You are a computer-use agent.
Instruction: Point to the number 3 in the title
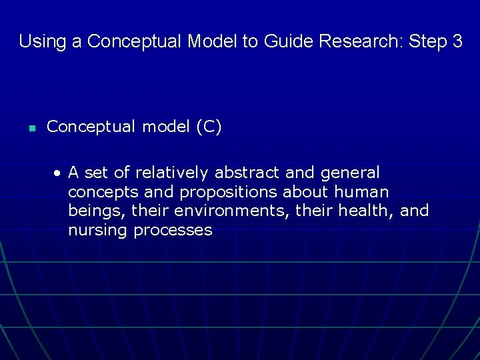457,41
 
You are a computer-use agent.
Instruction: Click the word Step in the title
427,41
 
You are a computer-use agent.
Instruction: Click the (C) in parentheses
209,127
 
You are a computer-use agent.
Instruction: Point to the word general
350,173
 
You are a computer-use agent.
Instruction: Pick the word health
369,211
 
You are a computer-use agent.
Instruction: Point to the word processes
173,231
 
